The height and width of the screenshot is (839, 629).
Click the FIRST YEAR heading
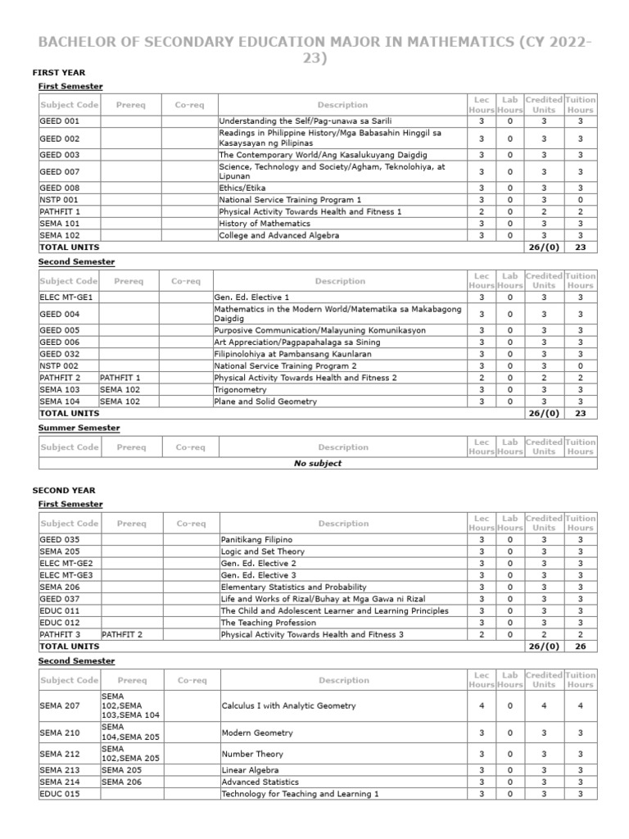(x=58, y=73)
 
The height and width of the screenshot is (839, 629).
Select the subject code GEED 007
(x=60, y=171)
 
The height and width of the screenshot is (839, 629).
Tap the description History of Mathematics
(x=265, y=224)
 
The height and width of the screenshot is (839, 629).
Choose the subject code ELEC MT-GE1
(x=66, y=297)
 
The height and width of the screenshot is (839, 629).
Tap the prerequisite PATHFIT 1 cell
(x=121, y=378)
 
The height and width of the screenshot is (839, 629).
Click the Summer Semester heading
(x=79, y=428)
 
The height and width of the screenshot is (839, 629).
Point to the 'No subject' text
(x=318, y=463)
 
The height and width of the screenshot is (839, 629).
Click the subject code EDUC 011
(x=60, y=610)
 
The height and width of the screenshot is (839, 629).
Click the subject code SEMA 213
(x=60, y=770)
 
